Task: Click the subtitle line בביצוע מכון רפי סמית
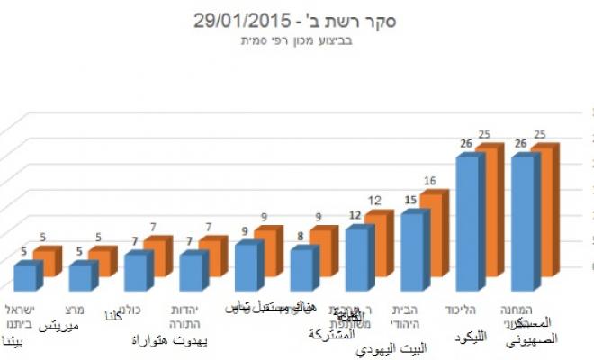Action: (x=297, y=40)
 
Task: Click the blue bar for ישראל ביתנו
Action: (x=25, y=275)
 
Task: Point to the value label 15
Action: (x=410, y=201)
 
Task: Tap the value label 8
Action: (x=300, y=237)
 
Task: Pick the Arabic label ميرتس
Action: (x=55, y=326)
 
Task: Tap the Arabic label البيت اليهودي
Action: (x=391, y=346)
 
